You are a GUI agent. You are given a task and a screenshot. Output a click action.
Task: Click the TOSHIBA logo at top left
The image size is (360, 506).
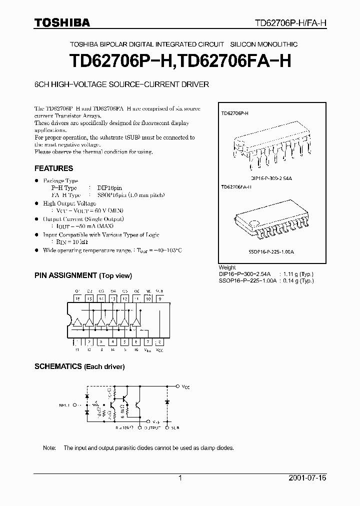pos(62,22)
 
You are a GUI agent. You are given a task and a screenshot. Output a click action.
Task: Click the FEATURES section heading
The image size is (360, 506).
pos(53,168)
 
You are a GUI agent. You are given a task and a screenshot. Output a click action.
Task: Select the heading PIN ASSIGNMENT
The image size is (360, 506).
pos(65,275)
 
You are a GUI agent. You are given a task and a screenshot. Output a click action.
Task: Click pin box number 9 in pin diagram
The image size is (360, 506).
pos(159,298)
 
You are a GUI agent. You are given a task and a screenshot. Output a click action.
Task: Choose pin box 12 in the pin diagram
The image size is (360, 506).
pos(124,298)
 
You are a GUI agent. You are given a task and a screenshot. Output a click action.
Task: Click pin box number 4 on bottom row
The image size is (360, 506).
pos(112,342)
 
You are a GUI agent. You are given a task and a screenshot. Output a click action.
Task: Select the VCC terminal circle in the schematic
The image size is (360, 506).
pos(179,386)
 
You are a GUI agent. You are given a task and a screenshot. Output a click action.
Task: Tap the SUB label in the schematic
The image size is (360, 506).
pos(174,428)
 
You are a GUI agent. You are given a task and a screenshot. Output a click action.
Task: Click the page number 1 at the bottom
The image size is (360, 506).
pos(180,478)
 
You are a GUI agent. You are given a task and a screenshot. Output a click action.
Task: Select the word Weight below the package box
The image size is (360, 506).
pos(228,268)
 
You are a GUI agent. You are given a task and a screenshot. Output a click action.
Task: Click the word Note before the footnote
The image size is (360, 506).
pos(49,448)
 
